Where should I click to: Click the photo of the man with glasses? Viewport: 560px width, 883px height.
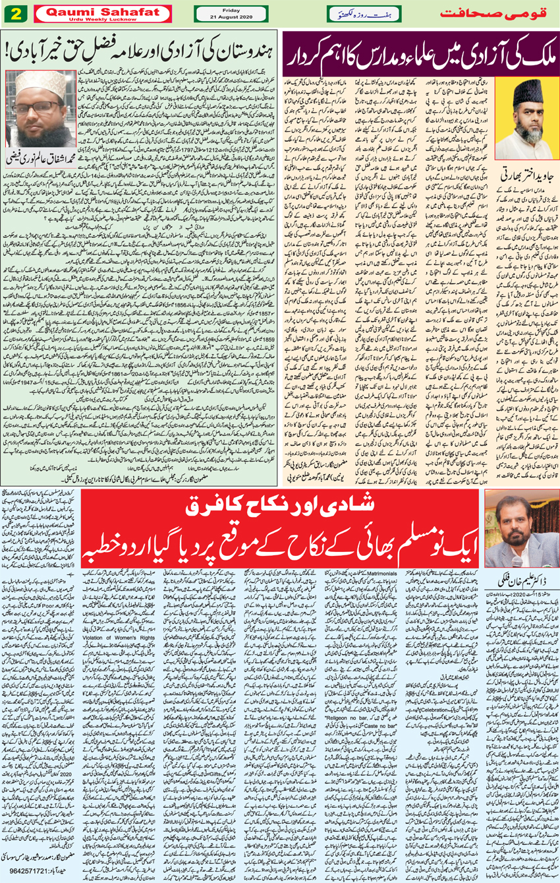41,109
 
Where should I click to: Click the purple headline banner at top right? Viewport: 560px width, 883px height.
420,55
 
